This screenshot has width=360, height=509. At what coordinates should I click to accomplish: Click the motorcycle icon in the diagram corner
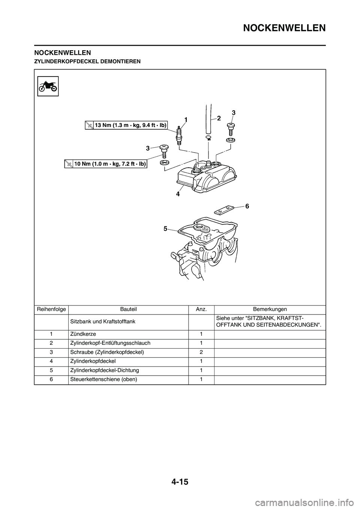[x=48, y=86]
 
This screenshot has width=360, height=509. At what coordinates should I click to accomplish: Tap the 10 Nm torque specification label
[x=105, y=163]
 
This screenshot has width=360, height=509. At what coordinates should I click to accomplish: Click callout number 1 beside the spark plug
[x=186, y=119]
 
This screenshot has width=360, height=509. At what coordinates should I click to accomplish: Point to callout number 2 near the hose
[x=219, y=118]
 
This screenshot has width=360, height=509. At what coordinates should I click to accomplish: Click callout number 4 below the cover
[x=178, y=195]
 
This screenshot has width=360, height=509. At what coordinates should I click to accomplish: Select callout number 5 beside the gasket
[x=165, y=229]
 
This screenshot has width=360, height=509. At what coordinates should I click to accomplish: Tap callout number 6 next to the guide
[x=247, y=206]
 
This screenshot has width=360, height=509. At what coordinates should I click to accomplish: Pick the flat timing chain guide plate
[x=224, y=210]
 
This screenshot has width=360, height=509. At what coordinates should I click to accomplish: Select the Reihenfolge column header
[x=51, y=309]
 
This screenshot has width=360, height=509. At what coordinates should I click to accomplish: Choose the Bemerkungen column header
[x=270, y=309]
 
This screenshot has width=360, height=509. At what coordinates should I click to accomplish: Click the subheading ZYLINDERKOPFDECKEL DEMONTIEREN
[x=87, y=61]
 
